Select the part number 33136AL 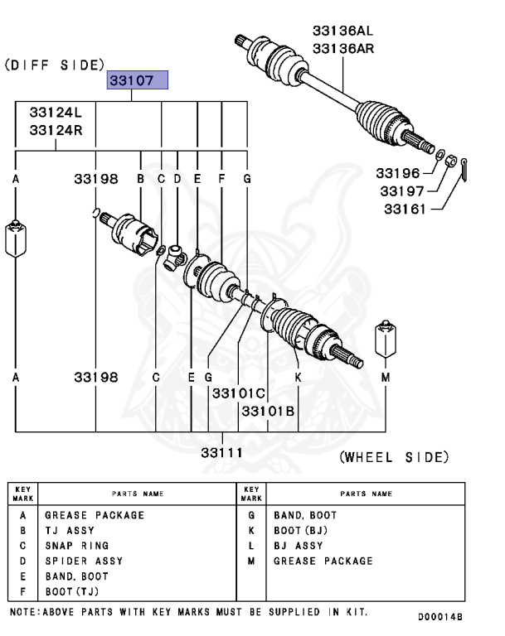(x=342, y=31)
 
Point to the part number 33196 (x=396, y=173)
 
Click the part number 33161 (x=404, y=209)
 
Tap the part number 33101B (x=268, y=410)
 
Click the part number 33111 (x=221, y=451)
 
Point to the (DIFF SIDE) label (x=55, y=64)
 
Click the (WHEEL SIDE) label (x=394, y=457)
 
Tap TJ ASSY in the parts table (x=70, y=531)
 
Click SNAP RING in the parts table (x=76, y=546)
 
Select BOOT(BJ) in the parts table (x=301, y=531)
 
